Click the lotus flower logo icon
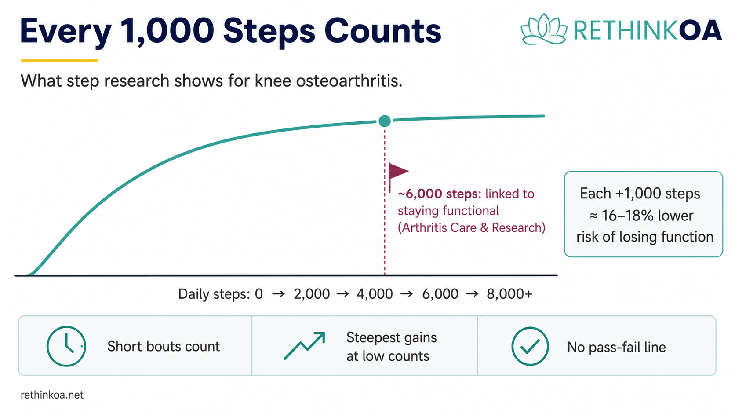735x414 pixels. pos(544,29)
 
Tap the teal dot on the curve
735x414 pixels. pos(385,121)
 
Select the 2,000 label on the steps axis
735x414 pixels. pos(311,294)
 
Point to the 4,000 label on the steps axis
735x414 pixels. pos(375,294)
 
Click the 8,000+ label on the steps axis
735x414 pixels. pos(509,294)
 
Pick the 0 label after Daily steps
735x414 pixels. pos(259,294)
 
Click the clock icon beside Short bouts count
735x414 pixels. pos(66,346)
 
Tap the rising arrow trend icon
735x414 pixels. pos(305,345)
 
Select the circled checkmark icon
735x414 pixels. pos(530,346)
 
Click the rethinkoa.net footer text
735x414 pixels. pos(52,395)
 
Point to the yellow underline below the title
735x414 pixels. pos(59,60)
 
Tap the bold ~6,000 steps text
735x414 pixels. pos(439,194)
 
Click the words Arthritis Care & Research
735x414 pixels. pos(472,227)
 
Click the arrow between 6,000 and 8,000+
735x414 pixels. pos(472,294)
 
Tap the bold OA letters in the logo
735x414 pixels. pos(700,30)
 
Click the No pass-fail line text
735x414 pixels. pos(616,347)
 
